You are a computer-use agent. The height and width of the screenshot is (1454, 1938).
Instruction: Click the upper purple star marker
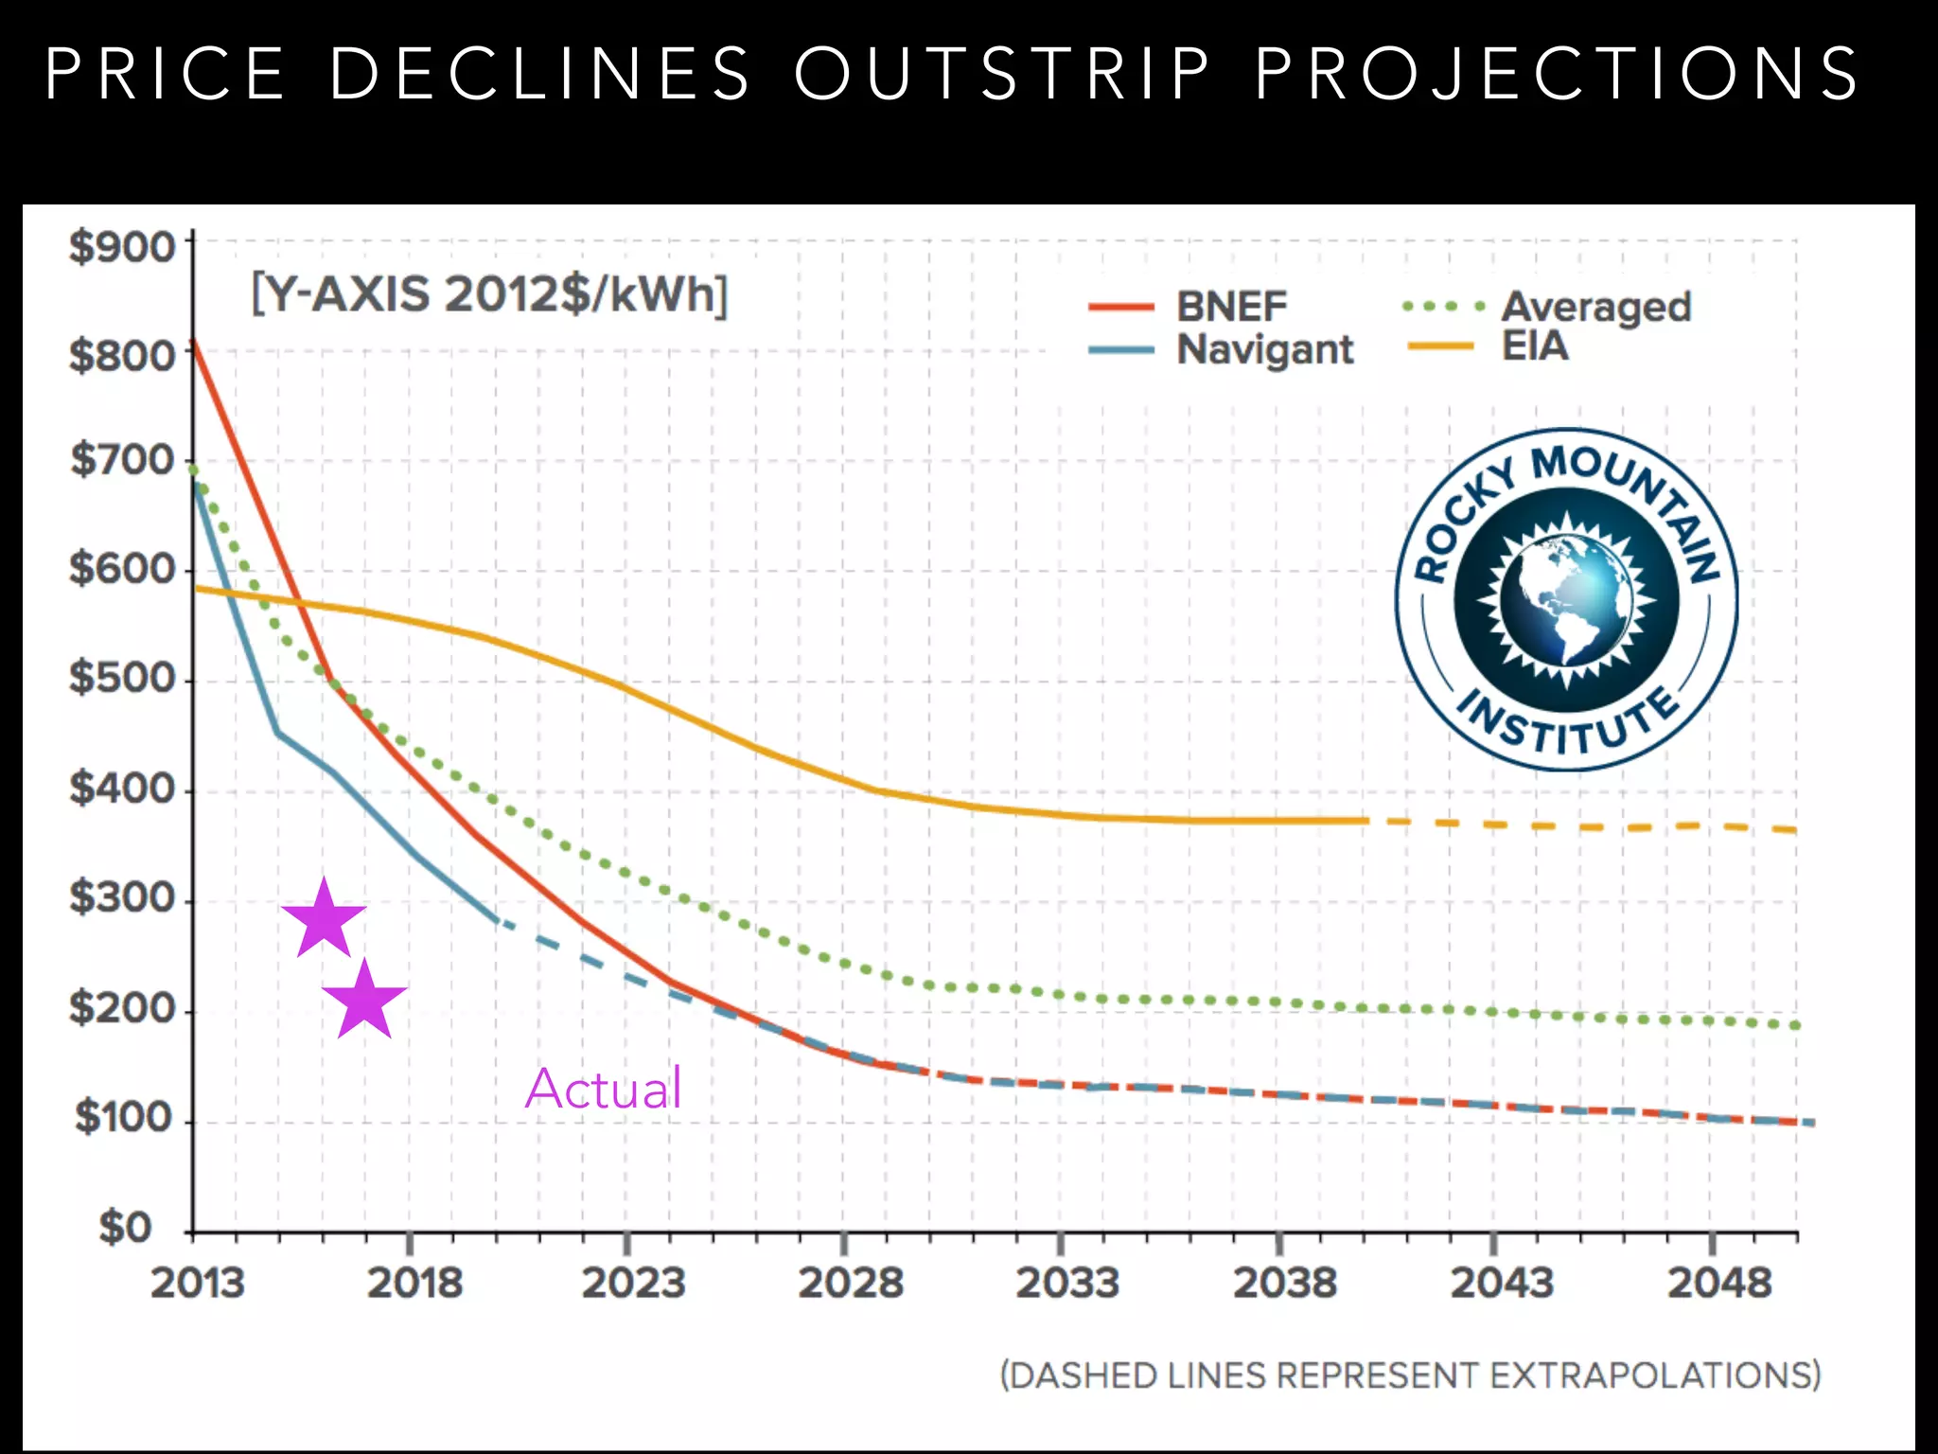click(x=324, y=918)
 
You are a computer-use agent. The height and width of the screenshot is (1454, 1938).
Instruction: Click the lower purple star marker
click(x=364, y=1000)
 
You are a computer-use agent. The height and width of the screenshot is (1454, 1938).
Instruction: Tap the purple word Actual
click(x=604, y=1089)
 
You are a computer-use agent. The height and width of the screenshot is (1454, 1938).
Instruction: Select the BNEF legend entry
click(x=1231, y=307)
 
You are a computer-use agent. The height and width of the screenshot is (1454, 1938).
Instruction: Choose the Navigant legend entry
click(x=1265, y=349)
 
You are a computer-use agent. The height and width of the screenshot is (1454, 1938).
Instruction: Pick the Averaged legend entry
click(x=1595, y=307)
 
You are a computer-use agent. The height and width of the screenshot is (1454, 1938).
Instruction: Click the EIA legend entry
click(x=1535, y=346)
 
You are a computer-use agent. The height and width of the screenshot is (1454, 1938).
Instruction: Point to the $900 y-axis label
click(x=123, y=247)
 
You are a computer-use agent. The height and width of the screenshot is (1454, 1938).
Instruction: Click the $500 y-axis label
click(x=123, y=678)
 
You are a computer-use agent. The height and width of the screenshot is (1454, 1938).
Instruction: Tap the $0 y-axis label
click(x=126, y=1228)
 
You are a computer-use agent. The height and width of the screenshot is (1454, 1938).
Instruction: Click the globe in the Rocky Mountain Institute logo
click(x=1566, y=600)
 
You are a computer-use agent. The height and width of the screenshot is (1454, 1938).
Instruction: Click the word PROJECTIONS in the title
click(x=1558, y=74)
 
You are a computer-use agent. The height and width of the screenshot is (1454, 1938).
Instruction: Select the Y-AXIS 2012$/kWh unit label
click(x=489, y=294)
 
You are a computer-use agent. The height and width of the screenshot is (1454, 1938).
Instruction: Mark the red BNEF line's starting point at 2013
click(x=194, y=341)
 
